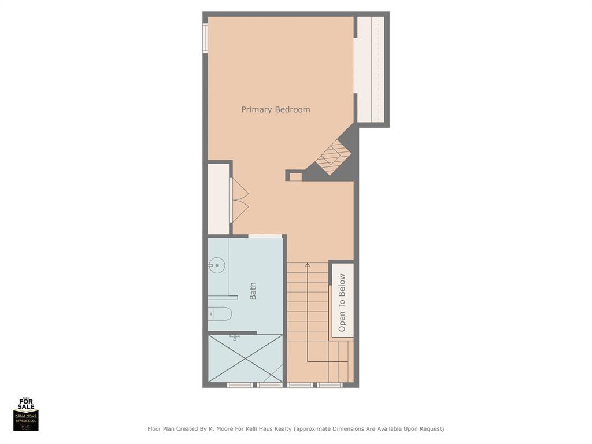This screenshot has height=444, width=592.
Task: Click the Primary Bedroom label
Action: click(x=276, y=109)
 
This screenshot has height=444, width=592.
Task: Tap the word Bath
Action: click(x=253, y=291)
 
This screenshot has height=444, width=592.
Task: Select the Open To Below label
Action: click(x=342, y=302)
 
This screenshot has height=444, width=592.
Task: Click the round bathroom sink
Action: click(x=216, y=267)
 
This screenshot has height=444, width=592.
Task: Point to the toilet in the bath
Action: click(x=220, y=314)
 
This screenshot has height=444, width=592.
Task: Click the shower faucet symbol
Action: click(x=235, y=337)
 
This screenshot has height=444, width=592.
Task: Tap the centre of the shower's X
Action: click(x=246, y=358)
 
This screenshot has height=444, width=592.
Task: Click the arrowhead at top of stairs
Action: click(x=308, y=265)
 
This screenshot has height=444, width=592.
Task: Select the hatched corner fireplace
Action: click(x=334, y=156)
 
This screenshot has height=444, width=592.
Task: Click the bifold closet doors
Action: click(x=239, y=200)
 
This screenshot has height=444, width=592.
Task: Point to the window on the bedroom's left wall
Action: click(x=205, y=38)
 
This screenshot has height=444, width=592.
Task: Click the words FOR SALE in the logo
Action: click(x=26, y=405)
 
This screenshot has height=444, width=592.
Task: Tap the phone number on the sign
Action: click(x=26, y=421)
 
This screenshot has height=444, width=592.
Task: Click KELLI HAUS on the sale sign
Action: click(x=26, y=416)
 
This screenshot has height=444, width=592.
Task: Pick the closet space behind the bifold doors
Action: click(x=219, y=199)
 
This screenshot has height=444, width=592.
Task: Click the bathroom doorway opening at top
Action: click(x=265, y=236)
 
